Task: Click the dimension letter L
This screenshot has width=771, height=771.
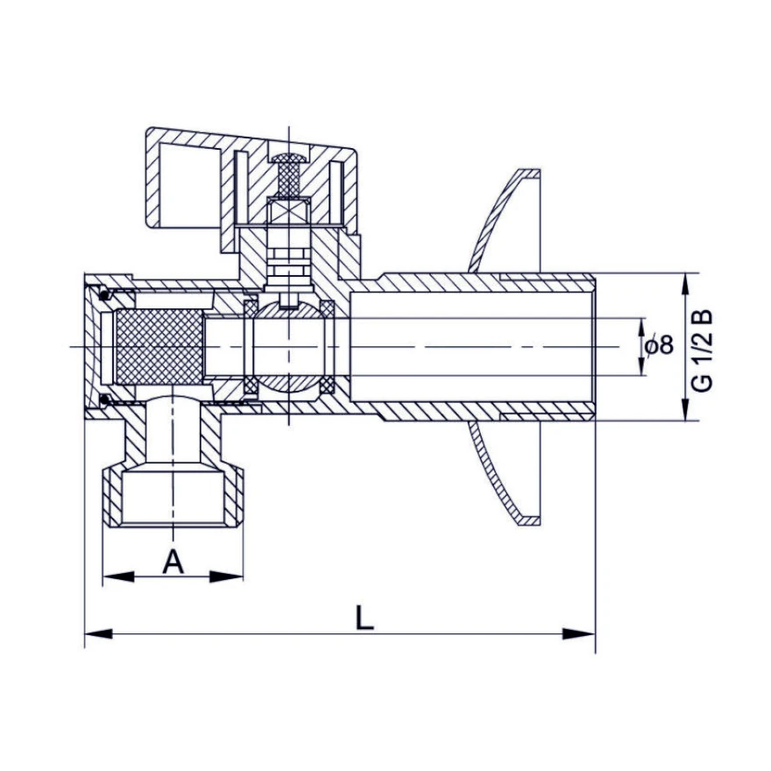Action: pos(364,618)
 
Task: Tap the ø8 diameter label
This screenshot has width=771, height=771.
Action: pos(660,346)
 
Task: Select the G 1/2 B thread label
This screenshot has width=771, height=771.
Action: pos(702,350)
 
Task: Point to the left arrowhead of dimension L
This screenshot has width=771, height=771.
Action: pos(98,633)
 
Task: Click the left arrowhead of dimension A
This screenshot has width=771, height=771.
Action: pos(118,576)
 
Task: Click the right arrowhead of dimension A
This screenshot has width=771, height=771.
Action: pos(227,576)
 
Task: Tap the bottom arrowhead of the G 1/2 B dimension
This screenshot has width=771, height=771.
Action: pos(685,405)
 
